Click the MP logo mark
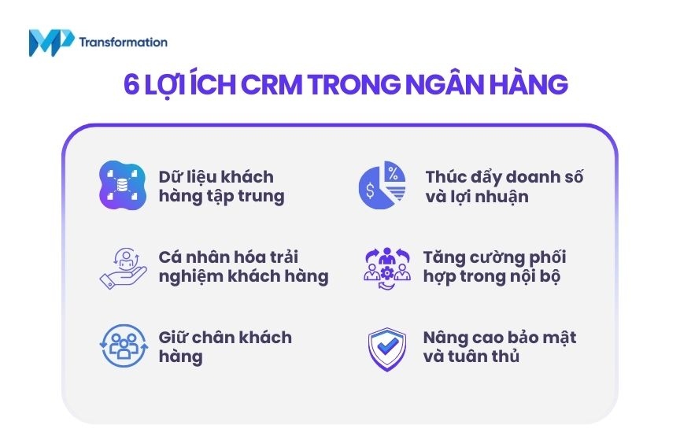pos(50,42)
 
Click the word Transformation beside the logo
pos(123,42)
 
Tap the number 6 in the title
pos(131,85)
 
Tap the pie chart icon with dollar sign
pos(381,187)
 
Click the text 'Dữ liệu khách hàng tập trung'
pos(220,187)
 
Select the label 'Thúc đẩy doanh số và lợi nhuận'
pos(504,187)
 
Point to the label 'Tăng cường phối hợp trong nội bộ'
pos(493,267)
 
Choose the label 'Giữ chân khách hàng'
pos(224,346)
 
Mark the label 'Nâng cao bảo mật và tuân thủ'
pos(499,346)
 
